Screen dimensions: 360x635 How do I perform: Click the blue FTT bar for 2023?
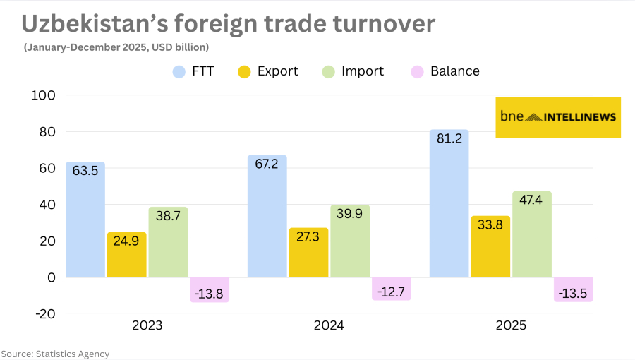coord(85,226)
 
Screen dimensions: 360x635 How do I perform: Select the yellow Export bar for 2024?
coord(308,258)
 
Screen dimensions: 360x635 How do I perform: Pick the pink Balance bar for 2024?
coord(392,289)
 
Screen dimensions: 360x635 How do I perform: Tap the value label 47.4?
coord(532,201)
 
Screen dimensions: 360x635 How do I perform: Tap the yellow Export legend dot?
coord(244,71)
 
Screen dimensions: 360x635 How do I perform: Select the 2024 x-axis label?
coord(329,326)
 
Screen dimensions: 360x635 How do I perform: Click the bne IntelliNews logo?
coord(558,117)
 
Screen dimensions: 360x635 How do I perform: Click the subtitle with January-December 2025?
coord(116,47)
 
